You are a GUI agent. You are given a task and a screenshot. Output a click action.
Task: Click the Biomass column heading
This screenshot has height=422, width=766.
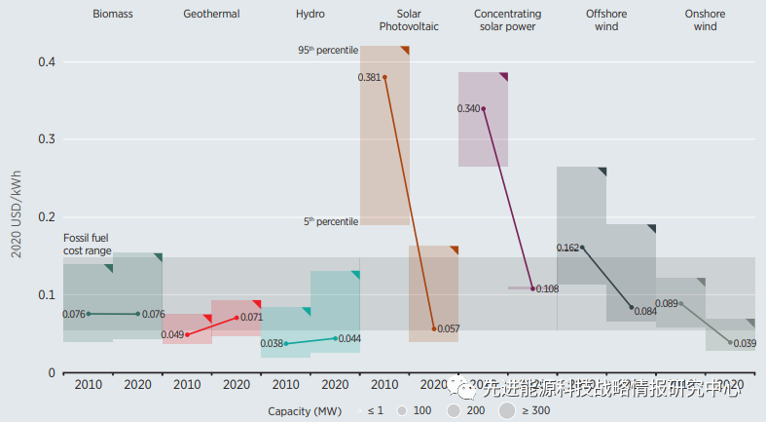[113, 15]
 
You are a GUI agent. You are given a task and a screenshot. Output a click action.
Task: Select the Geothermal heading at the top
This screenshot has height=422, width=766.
[211, 15]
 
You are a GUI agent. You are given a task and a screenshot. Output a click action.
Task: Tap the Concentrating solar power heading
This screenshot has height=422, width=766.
[508, 20]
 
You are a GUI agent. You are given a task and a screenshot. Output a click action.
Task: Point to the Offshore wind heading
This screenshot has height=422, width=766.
[606, 20]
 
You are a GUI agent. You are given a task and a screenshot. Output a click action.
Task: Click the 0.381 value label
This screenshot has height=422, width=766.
[370, 77]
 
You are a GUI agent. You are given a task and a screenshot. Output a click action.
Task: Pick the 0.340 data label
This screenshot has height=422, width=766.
[468, 108]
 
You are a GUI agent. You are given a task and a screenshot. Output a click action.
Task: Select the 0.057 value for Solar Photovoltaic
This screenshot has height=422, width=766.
[449, 329]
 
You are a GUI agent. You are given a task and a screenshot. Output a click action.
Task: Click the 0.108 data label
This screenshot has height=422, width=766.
[547, 289]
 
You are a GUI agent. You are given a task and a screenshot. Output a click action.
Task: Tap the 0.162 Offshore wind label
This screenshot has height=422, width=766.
[567, 248]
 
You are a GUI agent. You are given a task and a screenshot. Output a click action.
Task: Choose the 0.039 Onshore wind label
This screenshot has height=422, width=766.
[745, 344]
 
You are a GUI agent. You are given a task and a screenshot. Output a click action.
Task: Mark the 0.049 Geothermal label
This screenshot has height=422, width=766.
[172, 335]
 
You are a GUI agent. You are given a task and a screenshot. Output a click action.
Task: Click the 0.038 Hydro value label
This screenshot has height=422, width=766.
[272, 344]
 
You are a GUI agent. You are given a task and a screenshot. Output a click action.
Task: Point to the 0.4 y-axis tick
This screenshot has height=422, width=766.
[46, 62]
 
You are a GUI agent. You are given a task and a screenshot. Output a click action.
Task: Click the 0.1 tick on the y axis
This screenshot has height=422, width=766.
[46, 295]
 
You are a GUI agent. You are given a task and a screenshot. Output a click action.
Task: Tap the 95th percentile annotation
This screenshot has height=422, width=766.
[328, 50]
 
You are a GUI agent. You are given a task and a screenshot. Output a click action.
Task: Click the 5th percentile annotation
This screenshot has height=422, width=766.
[331, 222]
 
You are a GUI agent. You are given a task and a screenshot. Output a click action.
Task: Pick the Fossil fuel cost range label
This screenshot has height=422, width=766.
[88, 245]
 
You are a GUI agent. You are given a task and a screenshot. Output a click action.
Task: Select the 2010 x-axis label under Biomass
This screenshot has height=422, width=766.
[88, 385]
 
